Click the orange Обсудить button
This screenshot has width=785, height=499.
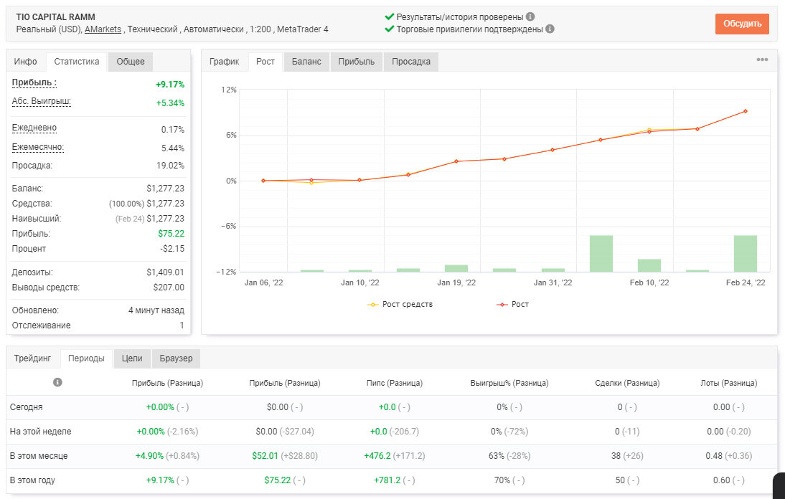tap(742, 24)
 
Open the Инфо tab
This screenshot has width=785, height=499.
tap(26, 62)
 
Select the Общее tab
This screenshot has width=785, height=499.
tap(130, 62)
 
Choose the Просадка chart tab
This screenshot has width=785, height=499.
tap(411, 62)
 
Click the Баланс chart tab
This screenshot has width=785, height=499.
tap(306, 62)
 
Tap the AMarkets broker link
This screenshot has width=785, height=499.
tap(103, 29)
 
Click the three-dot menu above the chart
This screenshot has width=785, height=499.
tap(762, 60)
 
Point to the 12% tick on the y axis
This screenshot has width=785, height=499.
tap(229, 90)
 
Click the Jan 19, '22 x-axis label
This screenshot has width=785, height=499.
tap(456, 282)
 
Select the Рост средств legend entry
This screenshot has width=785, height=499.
tap(400, 304)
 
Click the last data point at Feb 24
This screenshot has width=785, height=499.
tap(746, 111)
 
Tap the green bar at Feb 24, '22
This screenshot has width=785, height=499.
tap(746, 254)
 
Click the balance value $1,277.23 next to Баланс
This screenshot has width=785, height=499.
tap(165, 189)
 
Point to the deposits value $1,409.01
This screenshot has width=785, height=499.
tap(165, 272)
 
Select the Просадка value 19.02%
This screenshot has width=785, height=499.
tap(170, 166)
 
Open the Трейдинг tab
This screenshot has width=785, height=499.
tap(32, 358)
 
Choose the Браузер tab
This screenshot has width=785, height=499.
tap(177, 358)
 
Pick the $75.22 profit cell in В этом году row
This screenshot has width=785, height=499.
tap(278, 480)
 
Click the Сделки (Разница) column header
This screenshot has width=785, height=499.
tap(627, 383)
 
